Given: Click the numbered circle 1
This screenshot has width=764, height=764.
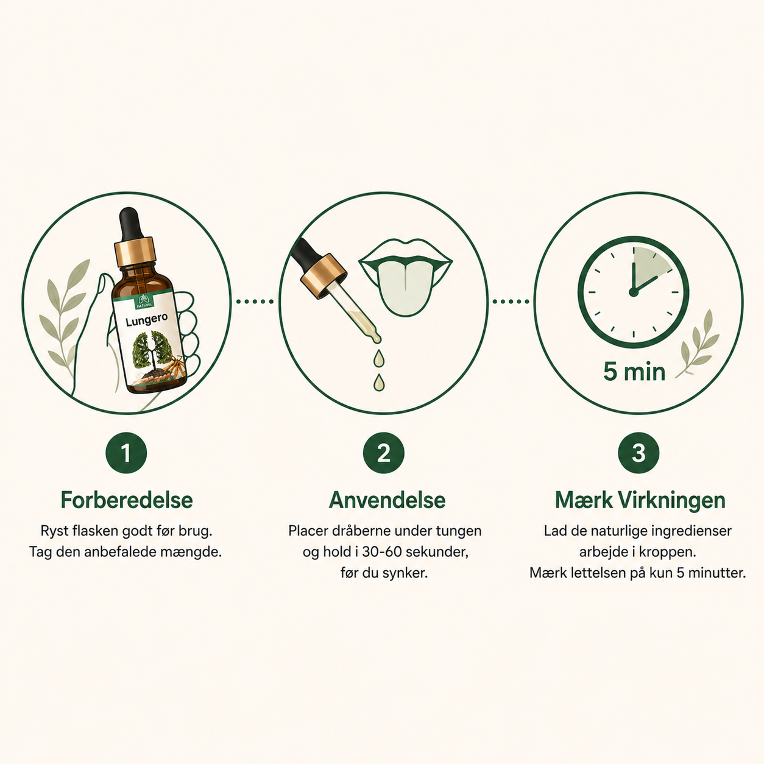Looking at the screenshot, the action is [x=126, y=453].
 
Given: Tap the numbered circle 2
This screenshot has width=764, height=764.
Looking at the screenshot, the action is [x=383, y=453].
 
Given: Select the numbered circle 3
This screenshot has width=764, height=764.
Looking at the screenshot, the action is [x=638, y=453].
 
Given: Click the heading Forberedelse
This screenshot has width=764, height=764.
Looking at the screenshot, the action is [x=127, y=500].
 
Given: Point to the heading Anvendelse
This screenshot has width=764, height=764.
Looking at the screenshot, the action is [x=387, y=500].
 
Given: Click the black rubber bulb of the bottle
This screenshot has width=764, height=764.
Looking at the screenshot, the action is [x=131, y=224].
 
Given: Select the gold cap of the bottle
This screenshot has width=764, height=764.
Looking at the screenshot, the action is [x=135, y=252].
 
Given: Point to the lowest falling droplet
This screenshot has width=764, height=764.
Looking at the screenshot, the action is [x=380, y=382].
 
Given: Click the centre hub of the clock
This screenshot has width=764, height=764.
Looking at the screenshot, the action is [x=633, y=292].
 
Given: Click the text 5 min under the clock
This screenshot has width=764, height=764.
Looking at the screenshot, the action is [x=634, y=372].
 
